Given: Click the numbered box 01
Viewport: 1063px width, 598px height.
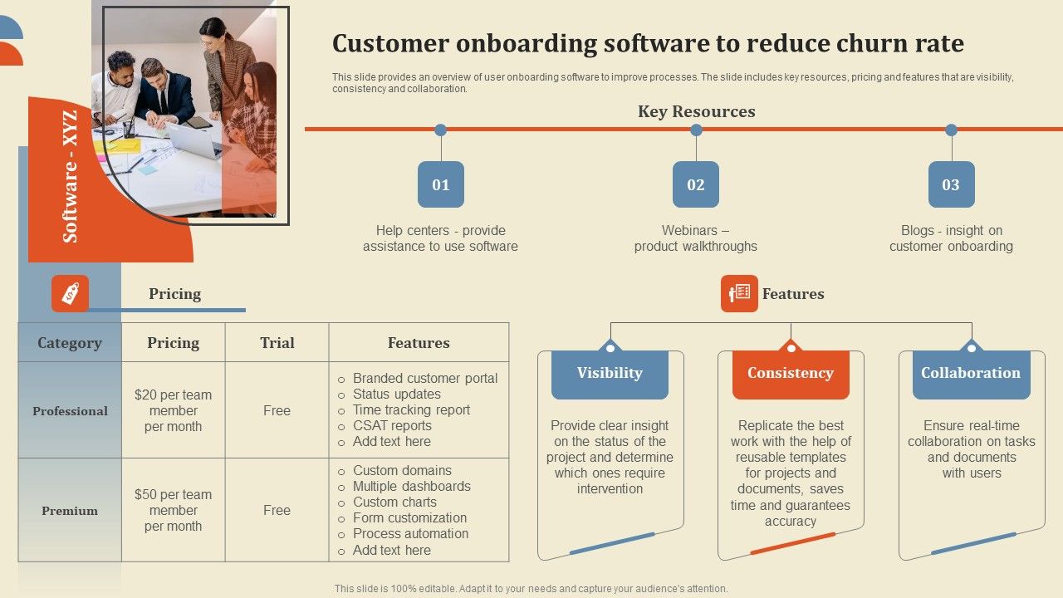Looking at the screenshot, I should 441,184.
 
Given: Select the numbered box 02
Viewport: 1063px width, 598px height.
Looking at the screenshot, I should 696,184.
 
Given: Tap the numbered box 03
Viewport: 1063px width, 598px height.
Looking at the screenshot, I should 951,184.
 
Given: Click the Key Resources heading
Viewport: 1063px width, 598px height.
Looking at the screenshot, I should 696,111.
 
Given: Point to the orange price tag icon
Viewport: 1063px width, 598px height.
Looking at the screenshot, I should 70,293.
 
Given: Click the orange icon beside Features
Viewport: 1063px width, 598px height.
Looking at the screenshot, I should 739,293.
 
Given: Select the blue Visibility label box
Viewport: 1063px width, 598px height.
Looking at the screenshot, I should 610,373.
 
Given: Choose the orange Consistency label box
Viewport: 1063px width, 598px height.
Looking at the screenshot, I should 790,373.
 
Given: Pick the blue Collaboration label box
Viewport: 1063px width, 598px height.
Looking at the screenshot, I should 971,373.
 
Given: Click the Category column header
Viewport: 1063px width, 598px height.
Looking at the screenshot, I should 70,342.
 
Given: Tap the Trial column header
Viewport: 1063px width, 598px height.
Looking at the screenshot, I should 277,342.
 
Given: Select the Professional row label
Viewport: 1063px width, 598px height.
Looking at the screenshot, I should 70,411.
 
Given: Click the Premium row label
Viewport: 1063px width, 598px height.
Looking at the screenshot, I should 70,511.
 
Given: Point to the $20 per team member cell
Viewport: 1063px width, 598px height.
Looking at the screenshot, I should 173,410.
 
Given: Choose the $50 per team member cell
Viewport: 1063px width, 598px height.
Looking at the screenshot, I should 173,510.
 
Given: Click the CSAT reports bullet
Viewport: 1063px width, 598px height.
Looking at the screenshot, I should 392,425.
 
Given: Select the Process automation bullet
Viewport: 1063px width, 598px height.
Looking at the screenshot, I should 410,533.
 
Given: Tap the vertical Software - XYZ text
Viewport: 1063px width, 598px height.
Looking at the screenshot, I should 71,176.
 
